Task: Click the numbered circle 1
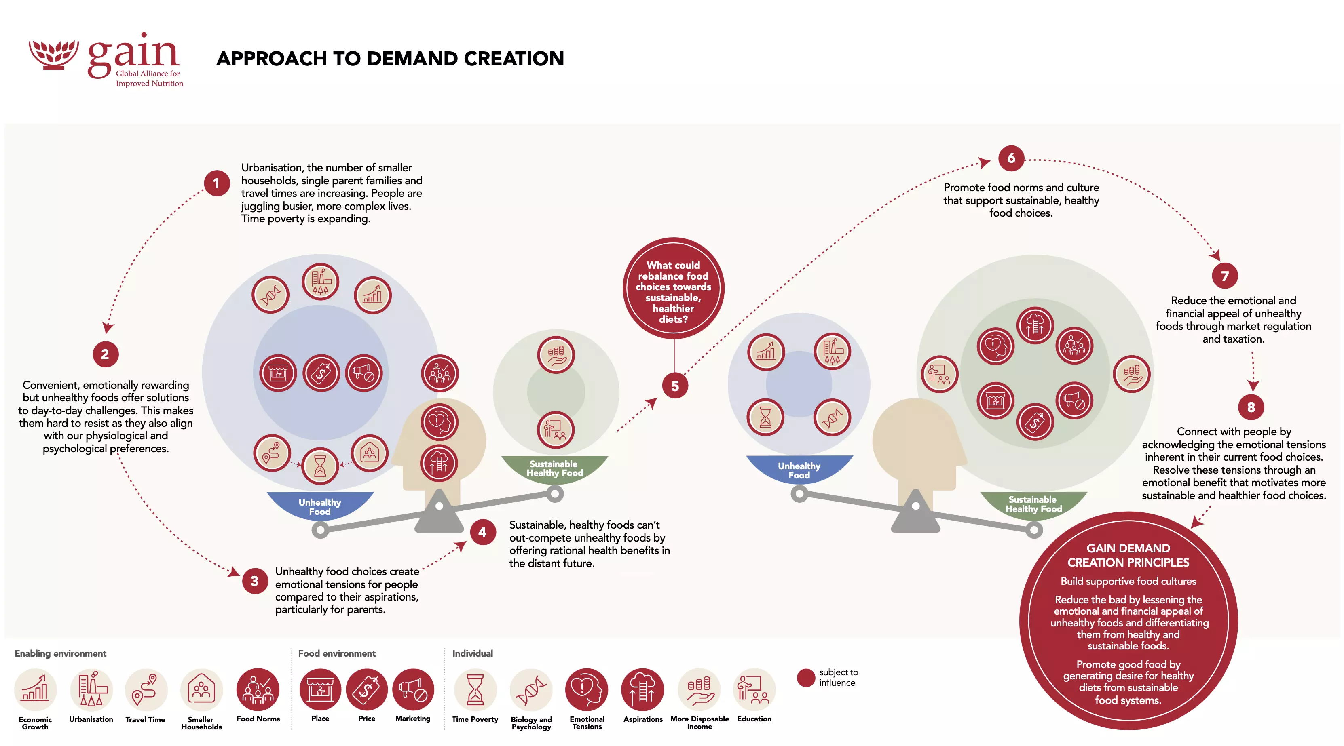pos(217,183)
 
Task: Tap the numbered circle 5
pos(674,386)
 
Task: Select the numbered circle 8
pos(1251,407)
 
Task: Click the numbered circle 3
pos(255,581)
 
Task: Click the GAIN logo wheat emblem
pos(53,54)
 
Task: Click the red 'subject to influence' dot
pos(805,677)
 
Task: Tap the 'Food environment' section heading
pos(336,653)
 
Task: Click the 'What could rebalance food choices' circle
pos(673,288)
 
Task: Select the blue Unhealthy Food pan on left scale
pos(320,505)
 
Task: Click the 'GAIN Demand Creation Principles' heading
pos(1128,555)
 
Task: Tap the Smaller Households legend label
pos(201,723)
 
